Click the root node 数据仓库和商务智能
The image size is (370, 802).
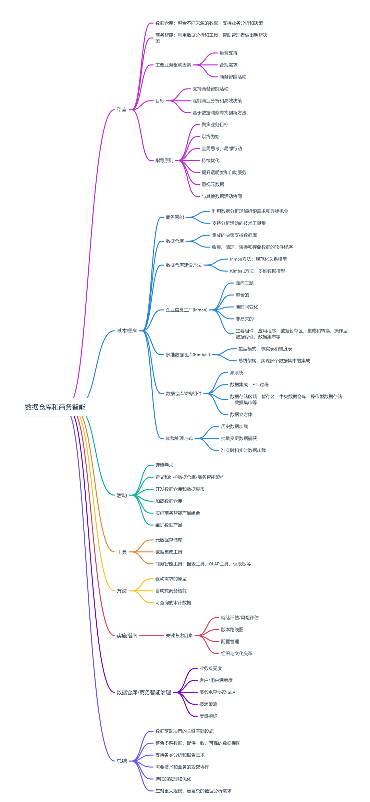click(55, 407)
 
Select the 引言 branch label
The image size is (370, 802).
click(122, 110)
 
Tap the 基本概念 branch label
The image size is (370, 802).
click(127, 331)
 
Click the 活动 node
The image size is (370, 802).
click(122, 495)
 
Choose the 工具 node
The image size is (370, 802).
click(122, 552)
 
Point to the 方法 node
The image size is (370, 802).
click(122, 591)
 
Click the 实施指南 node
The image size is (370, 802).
click(127, 636)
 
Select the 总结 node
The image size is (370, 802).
click(122, 761)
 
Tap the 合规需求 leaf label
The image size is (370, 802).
click(229, 65)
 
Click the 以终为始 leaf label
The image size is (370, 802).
click(210, 136)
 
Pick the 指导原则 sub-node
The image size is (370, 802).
click(164, 160)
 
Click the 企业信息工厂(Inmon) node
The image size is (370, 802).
click(187, 310)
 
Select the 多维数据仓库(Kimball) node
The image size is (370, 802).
click(188, 355)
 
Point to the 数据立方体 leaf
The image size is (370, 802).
click(241, 415)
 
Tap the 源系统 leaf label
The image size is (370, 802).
click(237, 373)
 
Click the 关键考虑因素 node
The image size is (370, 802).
click(179, 636)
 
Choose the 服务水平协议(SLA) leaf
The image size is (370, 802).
click(218, 692)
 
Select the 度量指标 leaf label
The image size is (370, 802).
click(208, 716)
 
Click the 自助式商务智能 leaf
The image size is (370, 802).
click(171, 591)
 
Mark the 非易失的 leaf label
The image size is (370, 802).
click(245, 319)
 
